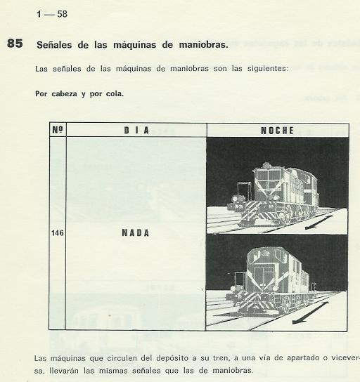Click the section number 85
pyautogui.click(x=15, y=44)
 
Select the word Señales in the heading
pyautogui.click(x=55, y=45)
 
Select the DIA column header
pyautogui.click(x=136, y=131)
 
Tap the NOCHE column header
pyautogui.click(x=277, y=131)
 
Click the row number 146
pyautogui.click(x=57, y=233)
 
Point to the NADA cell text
pyautogui.click(x=136, y=233)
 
